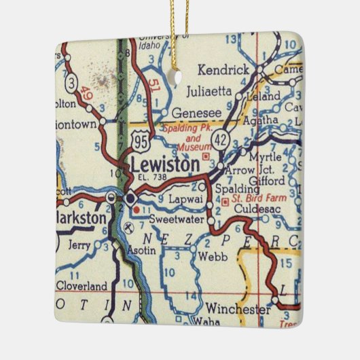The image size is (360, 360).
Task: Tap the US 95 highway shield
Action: (141, 141)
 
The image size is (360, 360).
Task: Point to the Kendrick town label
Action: (225, 69)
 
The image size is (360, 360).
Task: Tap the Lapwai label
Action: (181, 200)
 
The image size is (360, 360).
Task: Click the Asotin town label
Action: (142, 251)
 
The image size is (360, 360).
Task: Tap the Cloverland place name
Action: (82, 286)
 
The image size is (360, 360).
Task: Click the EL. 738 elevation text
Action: (151, 177)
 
